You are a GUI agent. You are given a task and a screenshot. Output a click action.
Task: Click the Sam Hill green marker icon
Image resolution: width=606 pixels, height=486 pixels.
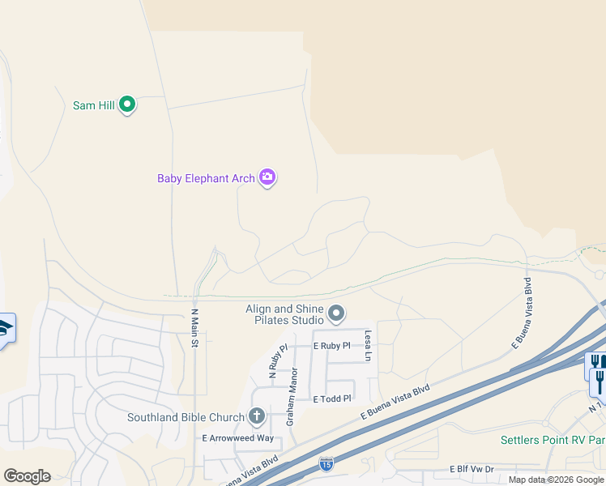(126, 104)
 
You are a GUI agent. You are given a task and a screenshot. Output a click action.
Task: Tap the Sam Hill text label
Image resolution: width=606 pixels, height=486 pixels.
(94, 105)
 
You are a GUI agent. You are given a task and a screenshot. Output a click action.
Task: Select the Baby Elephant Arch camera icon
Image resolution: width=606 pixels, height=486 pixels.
(267, 177)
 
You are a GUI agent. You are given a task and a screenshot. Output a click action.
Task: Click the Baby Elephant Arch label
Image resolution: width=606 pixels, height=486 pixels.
(206, 178)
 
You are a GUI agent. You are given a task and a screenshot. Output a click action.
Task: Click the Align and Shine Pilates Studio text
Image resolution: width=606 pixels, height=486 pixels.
(284, 314)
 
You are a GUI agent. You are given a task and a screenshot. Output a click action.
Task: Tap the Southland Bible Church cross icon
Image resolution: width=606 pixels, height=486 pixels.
(257, 417)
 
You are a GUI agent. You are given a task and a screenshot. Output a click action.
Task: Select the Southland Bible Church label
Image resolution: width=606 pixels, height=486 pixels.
(186, 418)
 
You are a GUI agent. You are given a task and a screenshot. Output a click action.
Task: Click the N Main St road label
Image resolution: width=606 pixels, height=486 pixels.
(194, 327)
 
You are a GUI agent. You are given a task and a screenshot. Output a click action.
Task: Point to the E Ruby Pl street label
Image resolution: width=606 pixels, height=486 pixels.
(331, 346)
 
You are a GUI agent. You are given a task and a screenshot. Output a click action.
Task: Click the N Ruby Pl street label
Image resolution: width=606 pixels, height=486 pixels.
(278, 362)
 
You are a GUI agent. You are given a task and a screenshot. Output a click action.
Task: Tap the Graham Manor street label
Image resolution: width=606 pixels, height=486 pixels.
(292, 397)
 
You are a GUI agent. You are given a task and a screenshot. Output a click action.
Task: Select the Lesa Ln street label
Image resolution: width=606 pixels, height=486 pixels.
(368, 345)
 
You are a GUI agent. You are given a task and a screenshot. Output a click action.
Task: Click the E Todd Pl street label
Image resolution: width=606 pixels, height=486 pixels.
(332, 399)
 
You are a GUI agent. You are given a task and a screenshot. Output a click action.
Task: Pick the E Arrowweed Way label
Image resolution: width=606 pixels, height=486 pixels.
(237, 438)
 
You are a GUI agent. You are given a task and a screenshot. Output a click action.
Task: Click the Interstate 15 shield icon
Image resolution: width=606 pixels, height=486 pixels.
(326, 464)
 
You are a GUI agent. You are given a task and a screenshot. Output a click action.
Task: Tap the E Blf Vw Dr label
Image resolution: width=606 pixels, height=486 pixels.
(471, 469)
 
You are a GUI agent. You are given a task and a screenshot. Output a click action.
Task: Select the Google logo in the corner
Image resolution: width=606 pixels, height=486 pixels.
(27, 476)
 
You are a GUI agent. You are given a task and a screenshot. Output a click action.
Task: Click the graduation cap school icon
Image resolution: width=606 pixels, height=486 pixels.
(6, 328)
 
